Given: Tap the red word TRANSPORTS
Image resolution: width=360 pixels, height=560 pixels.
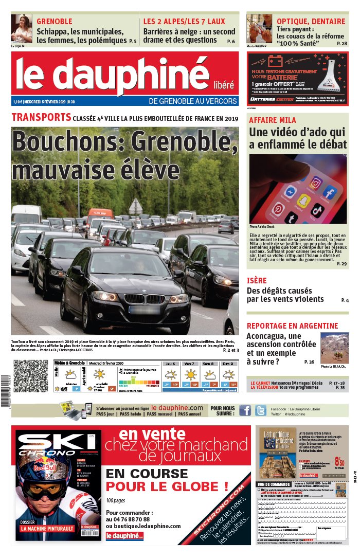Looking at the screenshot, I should pos(41,118).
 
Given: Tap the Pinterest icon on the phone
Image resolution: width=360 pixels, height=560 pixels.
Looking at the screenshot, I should pos(278,209).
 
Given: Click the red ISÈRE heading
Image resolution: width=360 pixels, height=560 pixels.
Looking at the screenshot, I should pos(257,281).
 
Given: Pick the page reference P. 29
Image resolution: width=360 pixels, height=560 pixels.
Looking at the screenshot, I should pos(341,264).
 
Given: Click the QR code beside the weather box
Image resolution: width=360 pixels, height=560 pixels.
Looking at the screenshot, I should pos(30,376).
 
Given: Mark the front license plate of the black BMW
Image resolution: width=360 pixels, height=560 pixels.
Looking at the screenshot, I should pos(143,310).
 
